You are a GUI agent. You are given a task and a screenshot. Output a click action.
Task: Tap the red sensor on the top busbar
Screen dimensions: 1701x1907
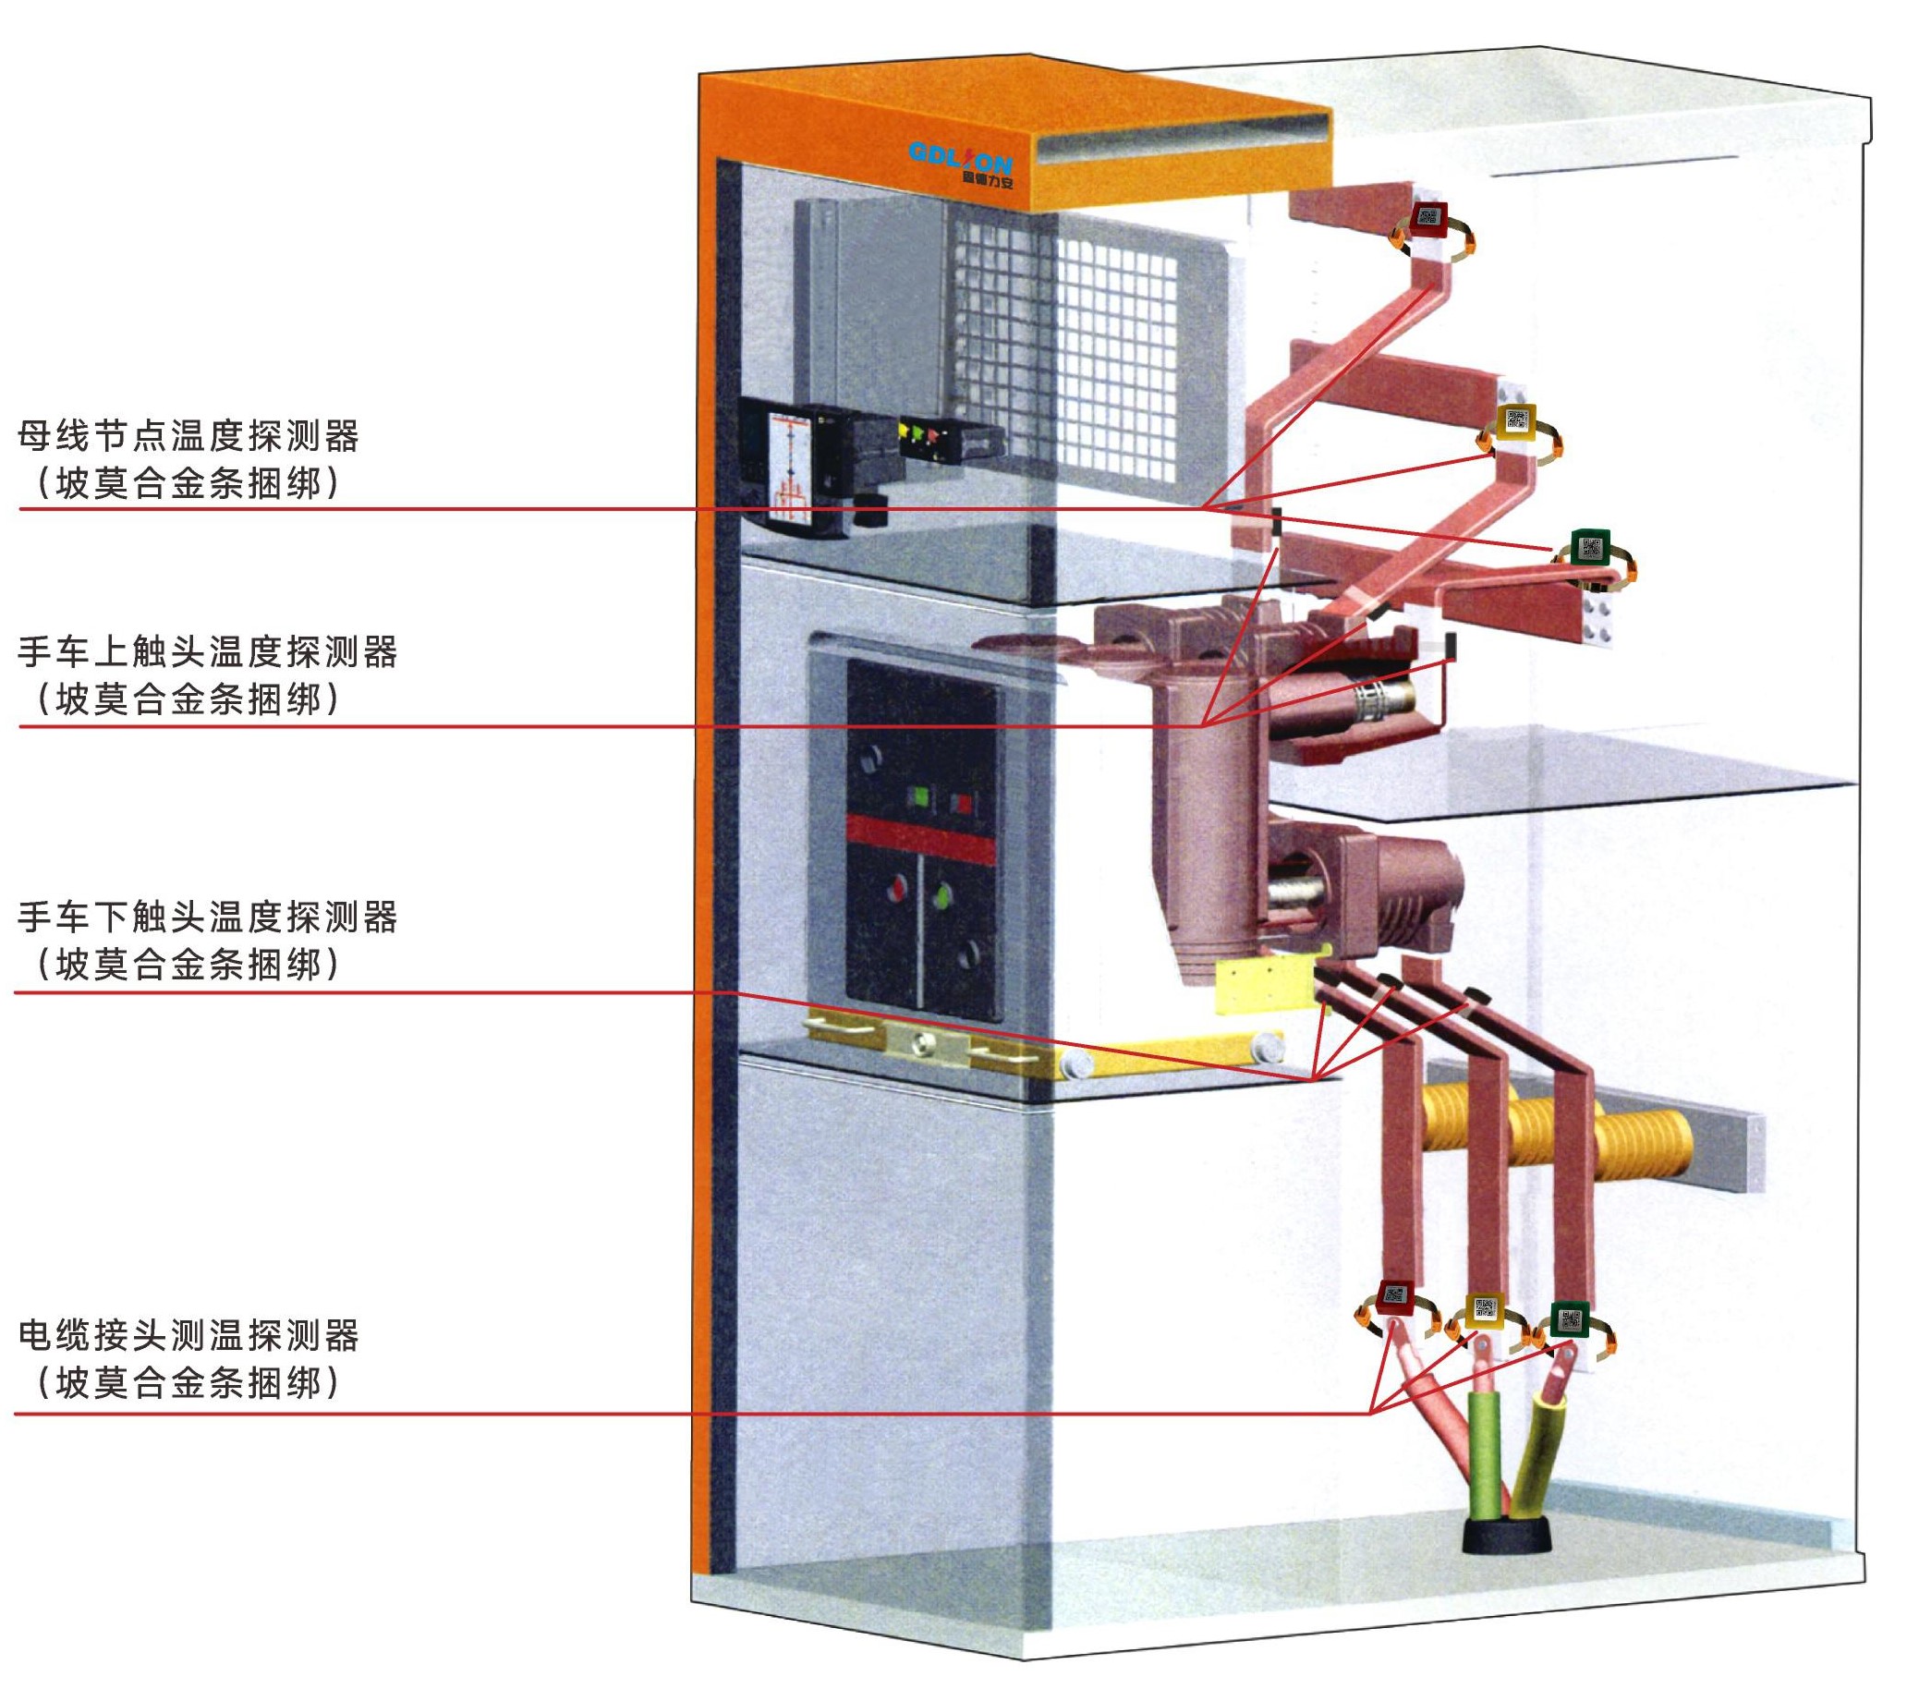pos(1428,222)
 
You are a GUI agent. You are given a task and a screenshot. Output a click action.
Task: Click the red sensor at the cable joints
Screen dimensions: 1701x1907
pos(1395,1295)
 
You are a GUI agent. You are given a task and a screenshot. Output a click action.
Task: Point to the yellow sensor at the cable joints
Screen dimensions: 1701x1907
pos(1485,1307)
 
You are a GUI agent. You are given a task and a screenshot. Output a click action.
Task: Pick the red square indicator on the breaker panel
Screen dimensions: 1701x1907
pos(961,802)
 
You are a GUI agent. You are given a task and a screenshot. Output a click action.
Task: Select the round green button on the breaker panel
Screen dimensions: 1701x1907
pos(943,893)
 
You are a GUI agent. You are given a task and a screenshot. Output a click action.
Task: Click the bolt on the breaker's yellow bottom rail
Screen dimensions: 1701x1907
pos(922,1040)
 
